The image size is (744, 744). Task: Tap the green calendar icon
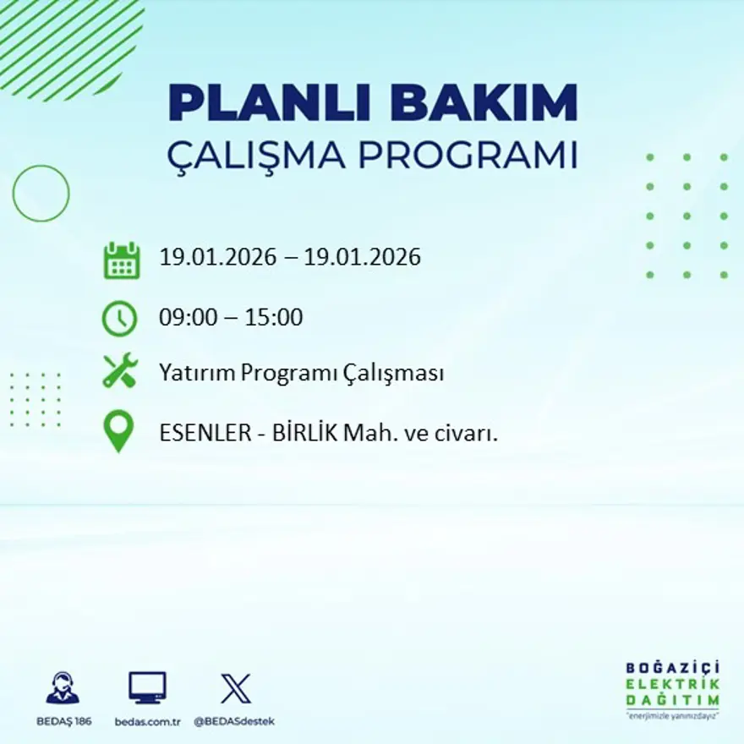tap(121, 260)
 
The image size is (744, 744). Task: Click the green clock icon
tap(119, 319)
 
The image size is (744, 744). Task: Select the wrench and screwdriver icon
tap(119, 371)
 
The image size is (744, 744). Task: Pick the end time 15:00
tap(274, 319)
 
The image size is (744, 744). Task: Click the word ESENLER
tap(202, 433)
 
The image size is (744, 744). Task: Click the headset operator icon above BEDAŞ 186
tap(63, 688)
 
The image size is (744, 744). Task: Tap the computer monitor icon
tap(147, 688)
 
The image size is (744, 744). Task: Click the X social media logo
tap(235, 688)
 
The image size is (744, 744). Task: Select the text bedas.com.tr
tap(148, 721)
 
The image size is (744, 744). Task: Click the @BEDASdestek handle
tap(234, 721)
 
